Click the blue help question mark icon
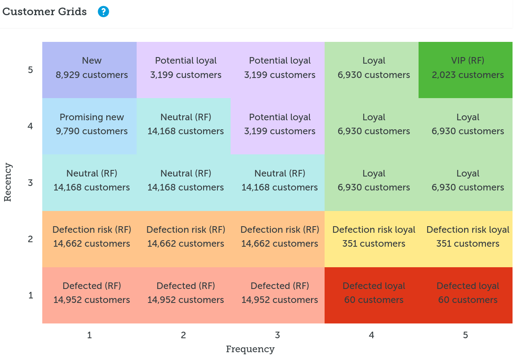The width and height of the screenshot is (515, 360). coord(103,12)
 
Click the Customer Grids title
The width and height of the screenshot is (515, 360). coord(45,12)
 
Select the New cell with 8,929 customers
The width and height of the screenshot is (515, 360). coord(89,70)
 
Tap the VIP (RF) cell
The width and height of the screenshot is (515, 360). coord(465,70)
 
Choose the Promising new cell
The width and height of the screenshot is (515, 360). coord(89,126)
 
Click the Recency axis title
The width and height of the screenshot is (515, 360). coord(8,183)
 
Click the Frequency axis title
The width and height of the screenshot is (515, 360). coord(250,349)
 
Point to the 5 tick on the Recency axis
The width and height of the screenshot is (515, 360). coord(30,70)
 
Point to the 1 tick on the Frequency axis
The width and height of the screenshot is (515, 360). coord(89,335)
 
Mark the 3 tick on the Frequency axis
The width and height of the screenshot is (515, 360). coord(277,335)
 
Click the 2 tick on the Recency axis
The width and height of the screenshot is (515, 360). coord(30,239)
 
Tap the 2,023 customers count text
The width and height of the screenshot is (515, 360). coord(467,75)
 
